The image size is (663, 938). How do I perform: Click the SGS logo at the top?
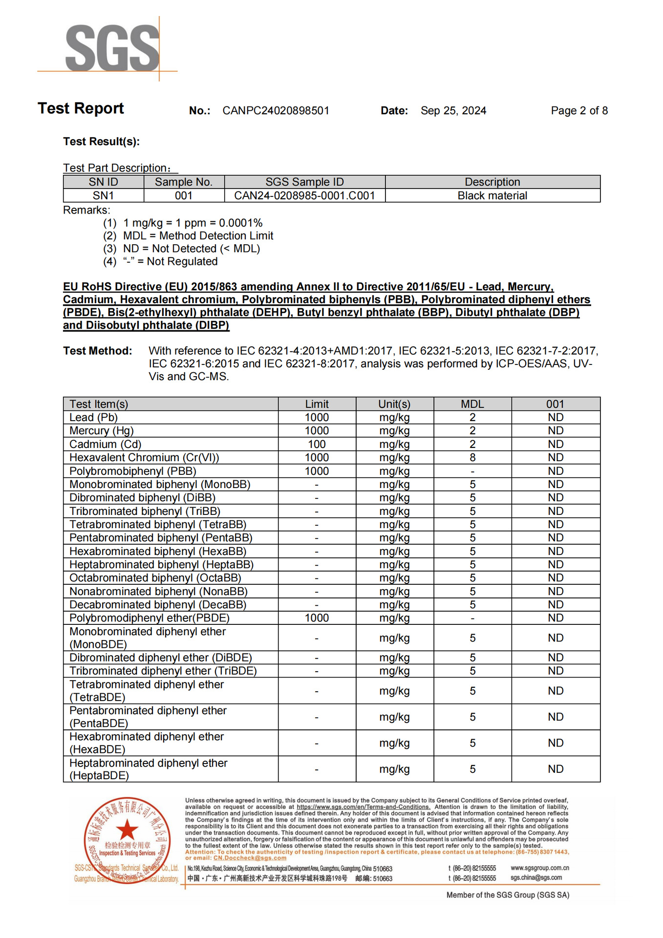pyautogui.click(x=112, y=48)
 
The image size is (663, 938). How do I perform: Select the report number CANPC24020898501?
pyautogui.click(x=276, y=111)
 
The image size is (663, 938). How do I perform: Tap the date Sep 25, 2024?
pyautogui.click(x=453, y=111)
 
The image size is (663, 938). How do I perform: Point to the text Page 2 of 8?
pyautogui.click(x=579, y=111)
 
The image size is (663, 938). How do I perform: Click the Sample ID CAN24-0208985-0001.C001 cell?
pyautogui.click(x=304, y=196)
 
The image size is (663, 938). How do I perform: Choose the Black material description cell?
pyautogui.click(x=492, y=196)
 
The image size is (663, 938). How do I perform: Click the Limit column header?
pyautogui.click(x=317, y=404)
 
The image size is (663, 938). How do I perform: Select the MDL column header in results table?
pyautogui.click(x=472, y=404)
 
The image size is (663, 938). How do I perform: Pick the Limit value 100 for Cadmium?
pyautogui.click(x=317, y=444)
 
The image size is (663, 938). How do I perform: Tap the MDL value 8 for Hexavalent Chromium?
pyautogui.click(x=472, y=458)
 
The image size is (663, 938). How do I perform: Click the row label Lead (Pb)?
pyautogui.click(x=93, y=418)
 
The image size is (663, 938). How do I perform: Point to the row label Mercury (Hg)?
pyautogui.click(x=101, y=431)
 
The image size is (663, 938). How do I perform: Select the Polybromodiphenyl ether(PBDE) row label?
pyautogui.click(x=149, y=618)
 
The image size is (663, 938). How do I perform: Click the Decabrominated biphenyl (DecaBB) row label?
pyautogui.click(x=157, y=605)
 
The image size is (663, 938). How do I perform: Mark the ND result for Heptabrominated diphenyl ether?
pyautogui.click(x=555, y=769)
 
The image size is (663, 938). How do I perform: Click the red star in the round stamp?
pyautogui.click(x=128, y=830)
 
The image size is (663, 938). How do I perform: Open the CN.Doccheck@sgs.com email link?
pyautogui.click(x=250, y=858)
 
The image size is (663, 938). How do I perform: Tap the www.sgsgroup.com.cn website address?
pyautogui.click(x=539, y=868)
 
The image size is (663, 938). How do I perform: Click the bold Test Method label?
pyautogui.click(x=97, y=351)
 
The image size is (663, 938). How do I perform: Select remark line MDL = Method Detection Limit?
pyautogui.click(x=198, y=236)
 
